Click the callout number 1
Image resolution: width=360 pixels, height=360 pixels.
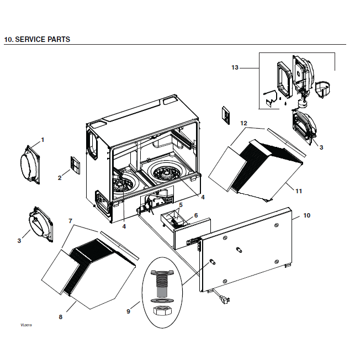tap(42, 139)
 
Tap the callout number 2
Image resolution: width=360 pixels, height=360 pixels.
tap(59, 178)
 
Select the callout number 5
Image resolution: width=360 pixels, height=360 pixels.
tap(181, 205)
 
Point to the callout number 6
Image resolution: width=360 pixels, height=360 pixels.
tap(195, 215)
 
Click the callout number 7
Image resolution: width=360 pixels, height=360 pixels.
tap(70, 221)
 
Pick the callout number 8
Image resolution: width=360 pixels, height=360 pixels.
tap(60, 317)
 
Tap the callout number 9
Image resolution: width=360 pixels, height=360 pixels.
tap(128, 311)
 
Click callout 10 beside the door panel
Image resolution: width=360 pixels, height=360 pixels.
tap(307, 215)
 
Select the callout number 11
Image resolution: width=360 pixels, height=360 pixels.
tap(299, 191)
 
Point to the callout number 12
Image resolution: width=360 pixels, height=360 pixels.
tap(243, 123)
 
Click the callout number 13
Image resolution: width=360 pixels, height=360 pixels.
tap(235, 67)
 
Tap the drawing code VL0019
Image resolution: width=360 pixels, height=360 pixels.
tap(12, 326)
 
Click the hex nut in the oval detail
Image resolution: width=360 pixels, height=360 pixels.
tap(161, 311)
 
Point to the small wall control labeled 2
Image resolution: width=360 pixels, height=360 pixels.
tap(76, 165)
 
